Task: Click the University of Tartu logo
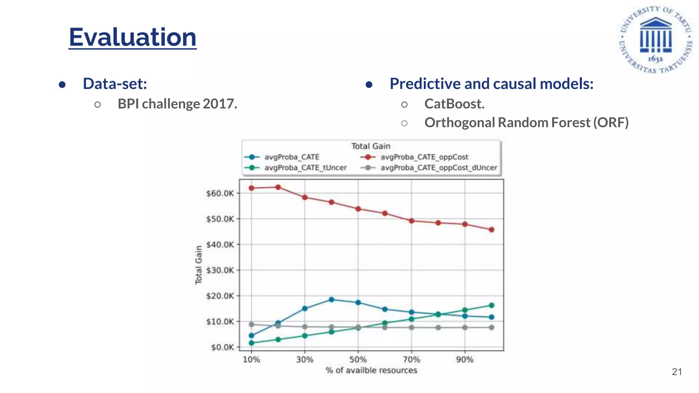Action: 655,39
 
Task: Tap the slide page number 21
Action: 676,372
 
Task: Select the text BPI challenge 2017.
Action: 177,104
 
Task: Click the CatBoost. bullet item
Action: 454,104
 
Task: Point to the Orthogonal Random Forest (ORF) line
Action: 526,122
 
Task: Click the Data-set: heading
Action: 115,84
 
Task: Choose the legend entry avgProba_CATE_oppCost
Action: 424,157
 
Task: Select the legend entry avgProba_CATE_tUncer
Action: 305,168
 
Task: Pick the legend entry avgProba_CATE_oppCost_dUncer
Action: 439,168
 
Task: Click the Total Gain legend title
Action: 371,146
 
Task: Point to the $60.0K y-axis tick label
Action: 220,193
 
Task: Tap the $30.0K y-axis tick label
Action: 220,270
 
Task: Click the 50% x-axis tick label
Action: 358,359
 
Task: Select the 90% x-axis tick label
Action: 465,359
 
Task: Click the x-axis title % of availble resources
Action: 371,370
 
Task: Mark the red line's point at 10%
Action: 252,188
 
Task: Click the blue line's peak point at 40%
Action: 331,300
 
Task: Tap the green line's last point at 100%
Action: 491,305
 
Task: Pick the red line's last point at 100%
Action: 491,230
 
